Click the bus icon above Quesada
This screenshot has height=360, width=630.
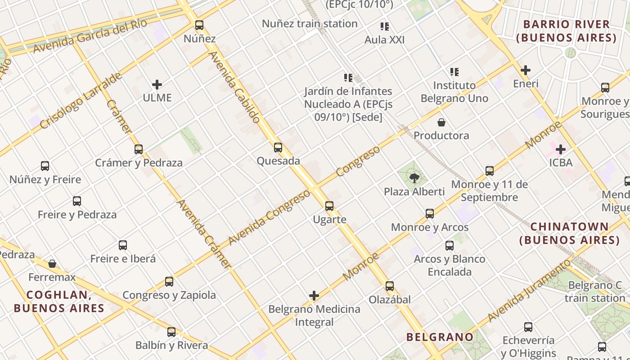pos(278,147)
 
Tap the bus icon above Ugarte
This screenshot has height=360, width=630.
pos(329,206)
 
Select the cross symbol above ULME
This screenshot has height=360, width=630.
pos(157,84)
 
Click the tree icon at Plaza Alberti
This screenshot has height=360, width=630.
pos(414,178)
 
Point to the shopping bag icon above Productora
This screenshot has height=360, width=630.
pos(441,122)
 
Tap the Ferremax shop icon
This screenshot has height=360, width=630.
pos(52,264)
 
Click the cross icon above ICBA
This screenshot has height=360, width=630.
pos(561,149)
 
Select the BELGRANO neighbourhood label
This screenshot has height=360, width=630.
pos(440,337)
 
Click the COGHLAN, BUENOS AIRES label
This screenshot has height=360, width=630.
pos(59,301)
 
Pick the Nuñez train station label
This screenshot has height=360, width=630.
pos(310,23)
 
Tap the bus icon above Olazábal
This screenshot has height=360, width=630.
pos(390,286)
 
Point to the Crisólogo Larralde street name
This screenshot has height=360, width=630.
pos(81,100)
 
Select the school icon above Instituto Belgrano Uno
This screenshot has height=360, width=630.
pos(454,72)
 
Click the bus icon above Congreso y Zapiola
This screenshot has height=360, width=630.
pos(169,282)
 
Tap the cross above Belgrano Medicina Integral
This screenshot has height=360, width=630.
pos(314,296)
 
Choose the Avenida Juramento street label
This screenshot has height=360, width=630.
pos(529,290)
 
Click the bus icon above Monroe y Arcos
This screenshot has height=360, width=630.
pos(430,214)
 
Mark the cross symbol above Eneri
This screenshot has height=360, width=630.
pos(526,70)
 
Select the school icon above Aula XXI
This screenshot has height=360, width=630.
pos(384,27)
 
